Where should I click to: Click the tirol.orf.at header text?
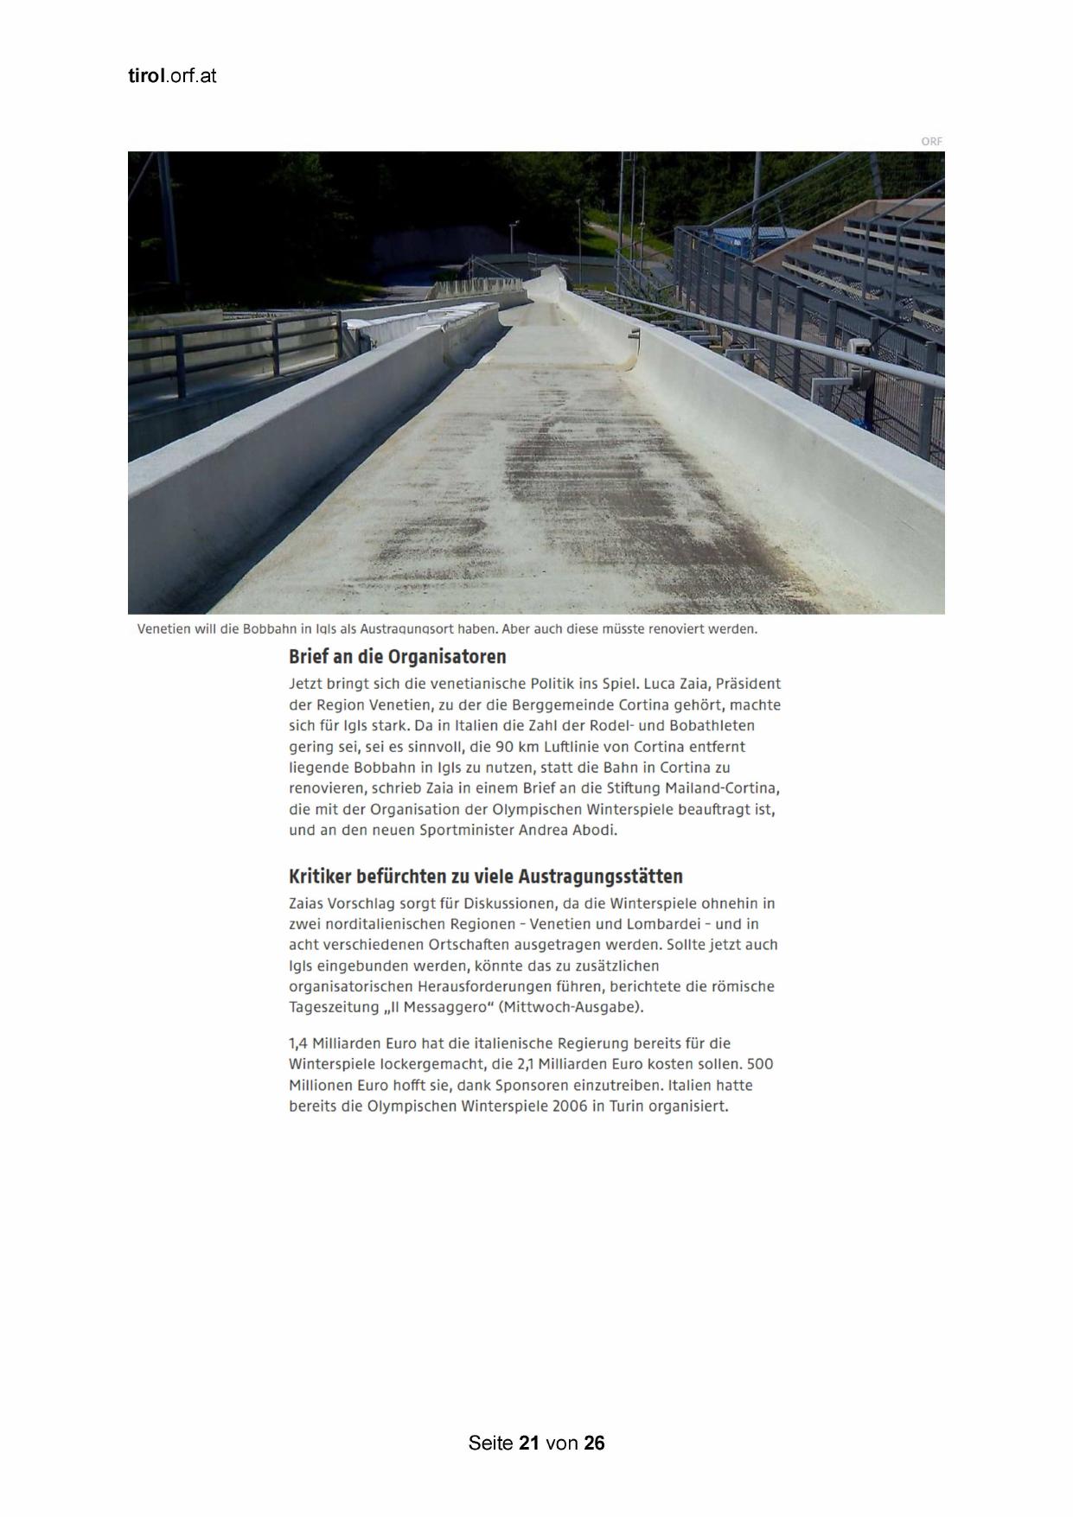pyautogui.click(x=172, y=76)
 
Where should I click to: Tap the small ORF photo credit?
pyautogui.click(x=931, y=141)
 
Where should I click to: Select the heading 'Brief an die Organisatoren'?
pyautogui.click(x=397, y=656)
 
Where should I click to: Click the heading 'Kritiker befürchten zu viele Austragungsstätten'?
pyautogui.click(x=485, y=876)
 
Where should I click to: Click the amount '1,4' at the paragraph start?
pyautogui.click(x=298, y=1043)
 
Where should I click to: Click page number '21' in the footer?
pyautogui.click(x=530, y=1443)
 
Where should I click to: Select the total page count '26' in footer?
pyautogui.click(x=594, y=1443)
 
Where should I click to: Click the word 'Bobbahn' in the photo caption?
pyautogui.click(x=270, y=628)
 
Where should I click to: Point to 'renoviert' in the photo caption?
pyautogui.click(x=676, y=628)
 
